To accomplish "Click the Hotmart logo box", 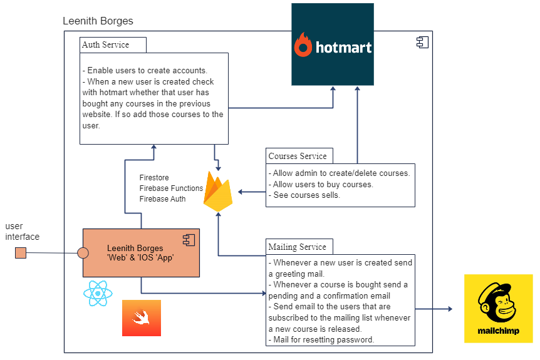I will click(x=333, y=44).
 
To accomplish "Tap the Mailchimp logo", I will click(x=498, y=309).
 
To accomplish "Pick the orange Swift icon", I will click(x=141, y=318).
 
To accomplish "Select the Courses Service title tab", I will click(x=298, y=156).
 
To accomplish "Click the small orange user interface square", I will click(x=21, y=253).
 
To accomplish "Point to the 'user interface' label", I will click(x=22, y=232).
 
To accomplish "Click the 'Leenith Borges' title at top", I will click(x=98, y=21).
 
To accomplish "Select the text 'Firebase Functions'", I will click(x=171, y=188).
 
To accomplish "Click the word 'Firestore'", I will click(x=154, y=178).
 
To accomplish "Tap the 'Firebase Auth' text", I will click(x=162, y=199).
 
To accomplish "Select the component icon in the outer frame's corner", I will click(x=422, y=42).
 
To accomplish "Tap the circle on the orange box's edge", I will click(x=82, y=253).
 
